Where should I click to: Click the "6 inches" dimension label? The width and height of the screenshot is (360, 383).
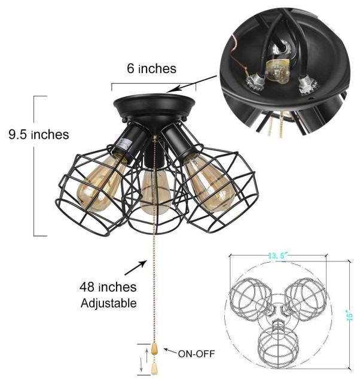coord(151,69)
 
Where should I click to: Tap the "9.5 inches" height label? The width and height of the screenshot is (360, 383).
coord(34,133)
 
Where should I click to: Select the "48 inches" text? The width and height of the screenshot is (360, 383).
coord(109,288)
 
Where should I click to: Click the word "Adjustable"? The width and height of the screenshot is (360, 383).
coord(109,303)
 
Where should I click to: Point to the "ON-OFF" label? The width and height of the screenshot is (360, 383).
coord(195,353)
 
